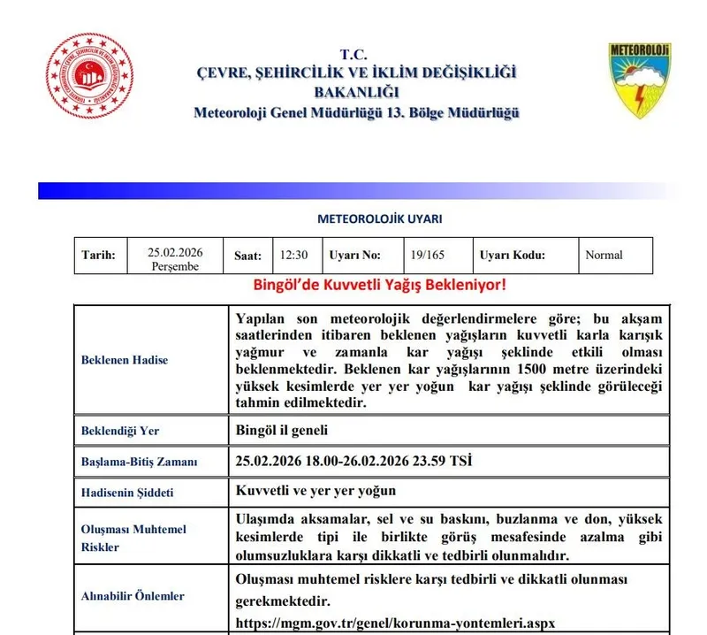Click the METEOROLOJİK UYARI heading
pos(379,218)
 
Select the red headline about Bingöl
pos(380,285)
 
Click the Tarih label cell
pos(99,255)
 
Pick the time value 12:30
pos(293,255)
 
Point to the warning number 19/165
pos(428,255)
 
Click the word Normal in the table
pos(604,255)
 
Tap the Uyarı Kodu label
pos(513,255)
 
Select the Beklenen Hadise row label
pos(125,360)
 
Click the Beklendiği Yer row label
pos(120,431)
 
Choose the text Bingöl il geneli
pos(282,431)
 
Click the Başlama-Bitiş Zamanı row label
pos(140,462)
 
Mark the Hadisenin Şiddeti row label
pos(127,492)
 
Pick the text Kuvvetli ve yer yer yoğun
pos(316,491)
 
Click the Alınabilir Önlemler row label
pos(133,596)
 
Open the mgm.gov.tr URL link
pos(396,623)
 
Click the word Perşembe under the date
pos(175,267)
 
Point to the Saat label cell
pos(247,256)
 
